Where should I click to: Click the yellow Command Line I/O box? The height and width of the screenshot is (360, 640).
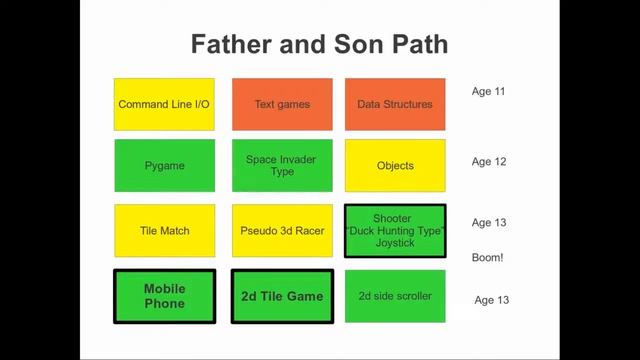164,104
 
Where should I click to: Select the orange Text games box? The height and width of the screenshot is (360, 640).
282,104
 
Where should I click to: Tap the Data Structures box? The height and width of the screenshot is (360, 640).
395,104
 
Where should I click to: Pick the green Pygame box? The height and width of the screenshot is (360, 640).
164,165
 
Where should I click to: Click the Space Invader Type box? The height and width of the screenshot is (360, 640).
282,165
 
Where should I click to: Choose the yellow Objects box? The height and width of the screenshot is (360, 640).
395,165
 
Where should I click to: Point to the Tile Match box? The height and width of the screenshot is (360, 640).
164,231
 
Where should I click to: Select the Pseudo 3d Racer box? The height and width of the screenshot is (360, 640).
282,231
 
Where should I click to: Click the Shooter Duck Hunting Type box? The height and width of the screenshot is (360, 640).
395,231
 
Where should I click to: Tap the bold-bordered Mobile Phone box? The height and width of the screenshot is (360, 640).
164,296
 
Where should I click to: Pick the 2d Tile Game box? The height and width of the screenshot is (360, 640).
282,296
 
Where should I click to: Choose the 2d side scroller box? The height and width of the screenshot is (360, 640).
395,296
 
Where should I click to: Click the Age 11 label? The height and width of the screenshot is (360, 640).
488,92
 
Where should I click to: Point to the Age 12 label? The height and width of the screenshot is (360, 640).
488,161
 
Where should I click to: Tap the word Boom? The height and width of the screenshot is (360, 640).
487,258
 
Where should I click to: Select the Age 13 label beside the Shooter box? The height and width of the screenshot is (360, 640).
488,223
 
